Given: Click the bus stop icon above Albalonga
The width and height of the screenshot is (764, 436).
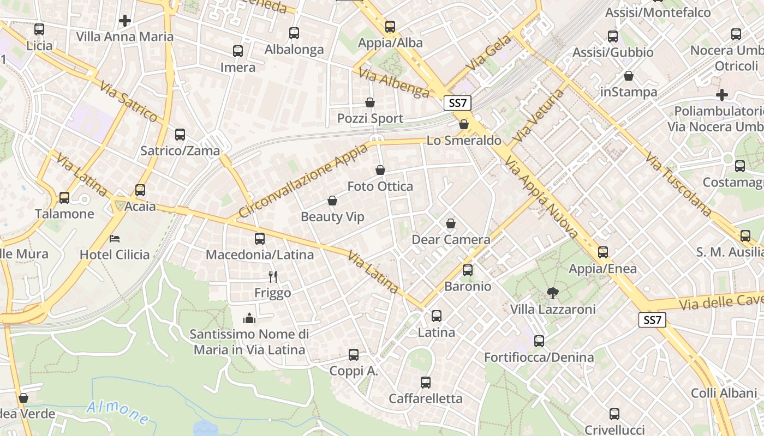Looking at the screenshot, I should [x=294, y=33].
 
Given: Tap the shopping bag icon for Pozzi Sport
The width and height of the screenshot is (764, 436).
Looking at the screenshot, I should [x=370, y=102].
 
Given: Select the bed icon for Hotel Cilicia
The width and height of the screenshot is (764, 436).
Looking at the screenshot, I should [x=115, y=239].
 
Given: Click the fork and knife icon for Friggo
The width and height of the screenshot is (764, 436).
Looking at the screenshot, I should [x=273, y=277].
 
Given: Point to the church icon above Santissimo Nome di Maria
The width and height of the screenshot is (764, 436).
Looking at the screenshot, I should [x=249, y=318].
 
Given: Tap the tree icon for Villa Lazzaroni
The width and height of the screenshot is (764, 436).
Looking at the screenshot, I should [x=552, y=293].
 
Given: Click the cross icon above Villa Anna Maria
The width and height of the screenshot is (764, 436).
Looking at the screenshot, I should [x=125, y=21].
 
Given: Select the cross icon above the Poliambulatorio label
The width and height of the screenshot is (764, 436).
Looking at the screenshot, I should [x=722, y=95].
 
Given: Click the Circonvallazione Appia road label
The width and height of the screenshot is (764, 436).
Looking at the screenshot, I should [x=303, y=181].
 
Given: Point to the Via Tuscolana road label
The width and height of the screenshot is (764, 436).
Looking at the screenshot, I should [x=679, y=185].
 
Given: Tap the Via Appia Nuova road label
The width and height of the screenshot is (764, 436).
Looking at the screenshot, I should [x=541, y=198].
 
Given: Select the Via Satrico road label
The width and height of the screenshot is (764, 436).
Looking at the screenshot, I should [x=129, y=101].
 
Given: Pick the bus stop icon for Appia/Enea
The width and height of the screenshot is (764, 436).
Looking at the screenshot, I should [x=603, y=252].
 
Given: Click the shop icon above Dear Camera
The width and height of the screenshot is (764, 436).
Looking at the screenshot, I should [x=451, y=223].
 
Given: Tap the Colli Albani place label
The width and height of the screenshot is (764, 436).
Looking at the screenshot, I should [x=724, y=393].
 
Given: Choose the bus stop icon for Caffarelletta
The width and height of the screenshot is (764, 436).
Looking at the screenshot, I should [x=426, y=383].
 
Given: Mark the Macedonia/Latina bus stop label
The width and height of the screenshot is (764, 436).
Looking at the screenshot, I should [x=260, y=255].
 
